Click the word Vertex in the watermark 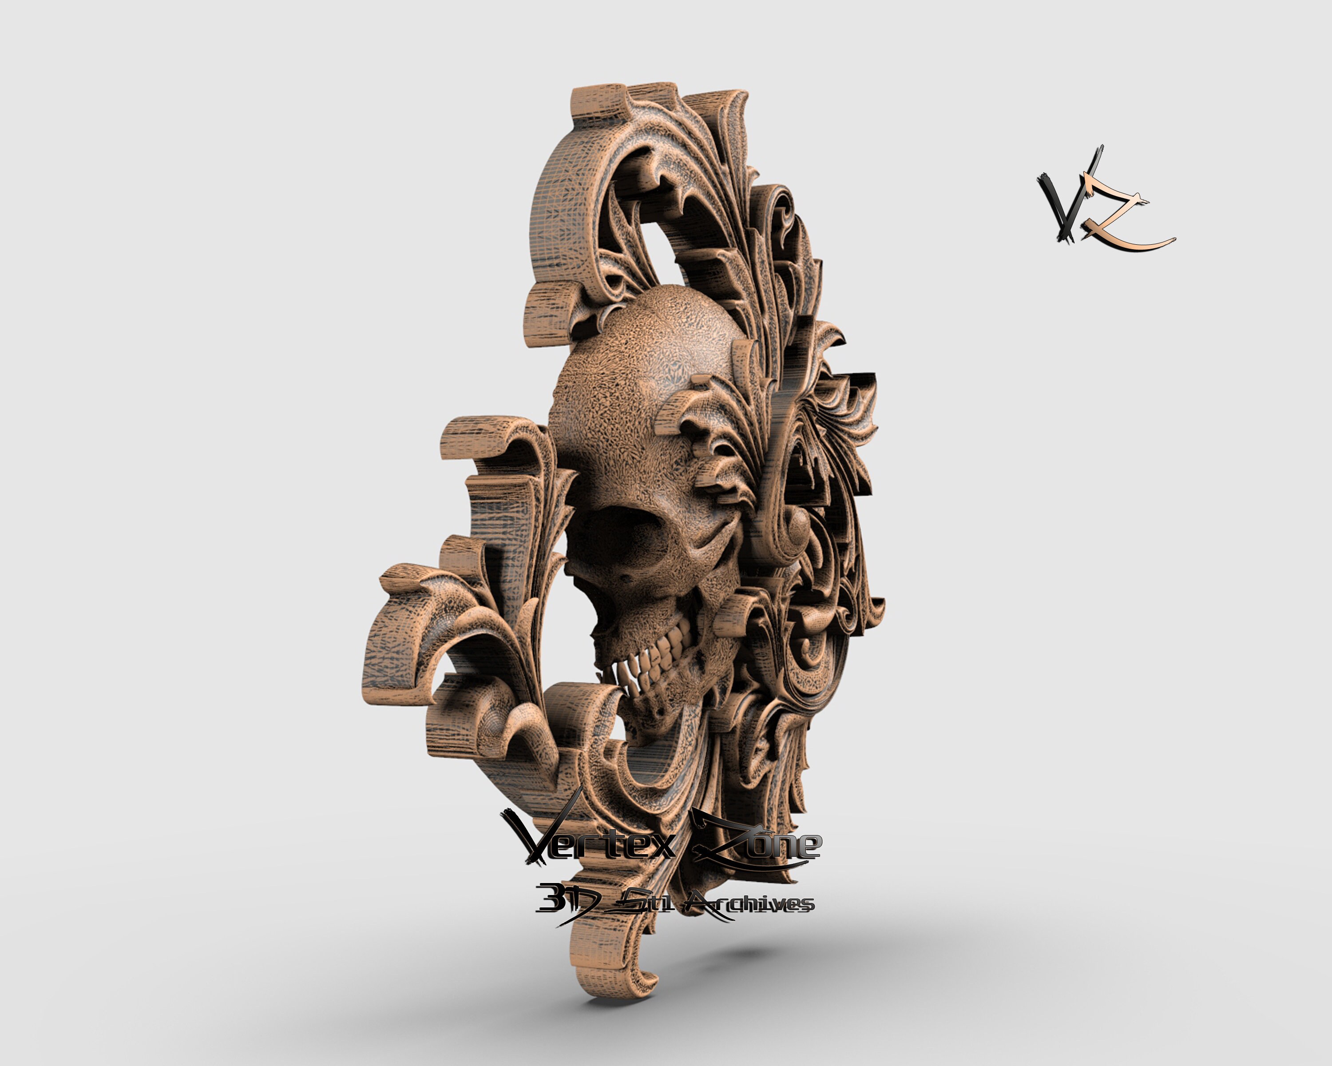(x=593, y=840)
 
